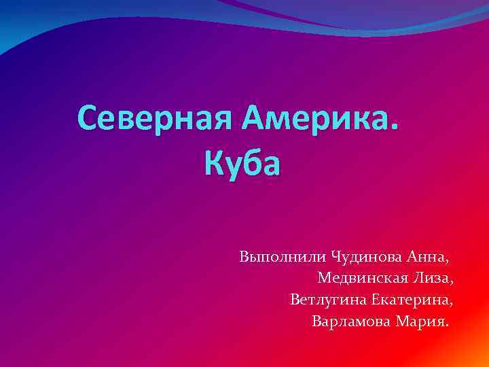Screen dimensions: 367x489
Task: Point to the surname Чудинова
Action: click(x=367, y=257)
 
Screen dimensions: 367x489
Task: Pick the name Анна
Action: click(x=427, y=257)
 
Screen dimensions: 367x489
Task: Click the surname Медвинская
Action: click(x=362, y=278)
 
